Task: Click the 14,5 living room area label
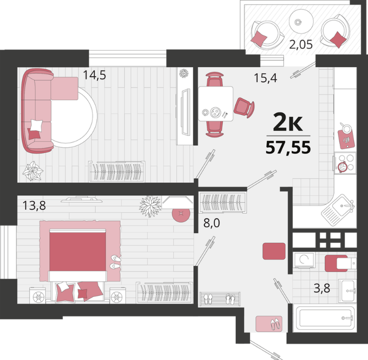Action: [x=95, y=75]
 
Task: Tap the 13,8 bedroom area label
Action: [x=34, y=205]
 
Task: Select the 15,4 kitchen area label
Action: [x=265, y=78]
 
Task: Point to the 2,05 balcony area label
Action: [x=301, y=44]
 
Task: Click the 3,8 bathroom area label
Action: [x=322, y=288]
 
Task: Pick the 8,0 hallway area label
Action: [x=212, y=223]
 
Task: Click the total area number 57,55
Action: [x=288, y=147]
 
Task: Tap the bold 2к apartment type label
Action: [x=288, y=122]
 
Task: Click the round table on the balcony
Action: [x=301, y=21]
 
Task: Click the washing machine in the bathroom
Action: [x=304, y=260]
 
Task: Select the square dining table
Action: [x=216, y=104]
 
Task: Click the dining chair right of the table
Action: [x=244, y=107]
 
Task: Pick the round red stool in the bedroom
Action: [x=181, y=213]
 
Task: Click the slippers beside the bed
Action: [x=116, y=262]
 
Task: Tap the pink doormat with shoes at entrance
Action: [x=269, y=324]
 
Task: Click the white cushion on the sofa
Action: [x=37, y=125]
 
